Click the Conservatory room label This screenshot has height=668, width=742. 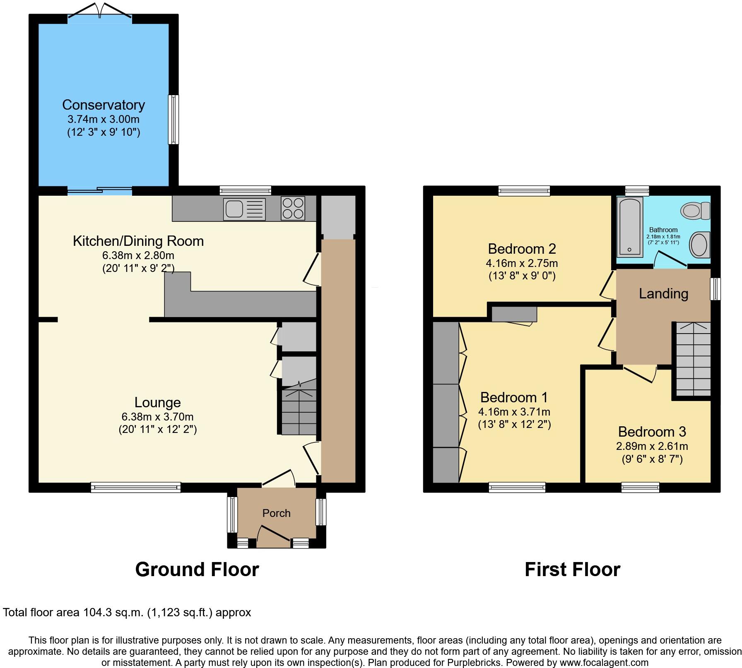(104, 105)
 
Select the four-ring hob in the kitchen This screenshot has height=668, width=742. (293, 208)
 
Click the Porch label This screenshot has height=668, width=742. (276, 513)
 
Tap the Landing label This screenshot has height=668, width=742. (663, 293)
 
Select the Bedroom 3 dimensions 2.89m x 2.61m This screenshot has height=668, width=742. (652, 446)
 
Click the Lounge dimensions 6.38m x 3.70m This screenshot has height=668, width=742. (157, 417)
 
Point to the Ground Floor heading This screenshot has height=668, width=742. (197, 569)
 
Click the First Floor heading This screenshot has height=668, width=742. (572, 569)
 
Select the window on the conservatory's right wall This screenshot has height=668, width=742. (173, 120)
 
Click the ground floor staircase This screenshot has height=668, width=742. (298, 412)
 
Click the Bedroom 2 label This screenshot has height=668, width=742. (522, 249)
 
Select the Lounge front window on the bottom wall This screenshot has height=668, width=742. (136, 487)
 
